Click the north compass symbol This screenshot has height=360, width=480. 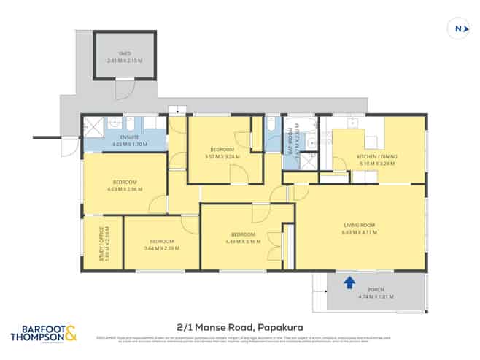coord(457,28)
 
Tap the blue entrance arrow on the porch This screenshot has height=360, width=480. coord(349,281)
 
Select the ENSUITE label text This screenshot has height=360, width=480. coord(129,137)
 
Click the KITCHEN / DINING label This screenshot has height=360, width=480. coord(375,157)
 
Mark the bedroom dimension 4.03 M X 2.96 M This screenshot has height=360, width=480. coord(124,188)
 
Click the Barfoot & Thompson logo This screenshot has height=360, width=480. coord(43,334)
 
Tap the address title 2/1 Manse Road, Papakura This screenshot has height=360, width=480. coord(239,328)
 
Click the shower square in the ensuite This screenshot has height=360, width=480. coord(93,124)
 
